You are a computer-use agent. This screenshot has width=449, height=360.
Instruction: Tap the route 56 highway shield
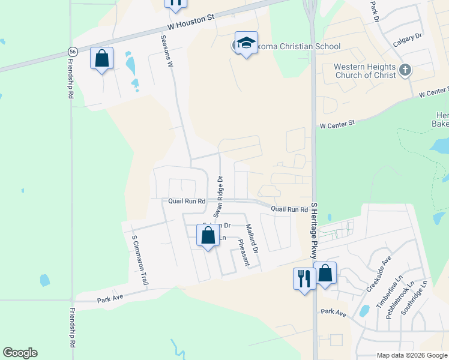click(x=73, y=52)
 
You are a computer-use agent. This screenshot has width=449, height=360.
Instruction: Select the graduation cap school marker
click(x=246, y=43)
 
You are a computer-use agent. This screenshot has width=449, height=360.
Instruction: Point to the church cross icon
click(x=405, y=70)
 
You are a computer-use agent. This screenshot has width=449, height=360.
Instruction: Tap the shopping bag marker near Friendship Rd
click(x=101, y=59)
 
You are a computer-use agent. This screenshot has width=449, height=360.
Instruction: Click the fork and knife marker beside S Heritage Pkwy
click(x=304, y=278)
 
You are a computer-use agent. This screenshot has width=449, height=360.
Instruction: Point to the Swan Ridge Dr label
click(x=220, y=197)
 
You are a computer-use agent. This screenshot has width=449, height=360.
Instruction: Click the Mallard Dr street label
click(x=252, y=238)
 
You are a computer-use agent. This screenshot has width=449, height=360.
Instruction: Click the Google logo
click(x=20, y=353)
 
